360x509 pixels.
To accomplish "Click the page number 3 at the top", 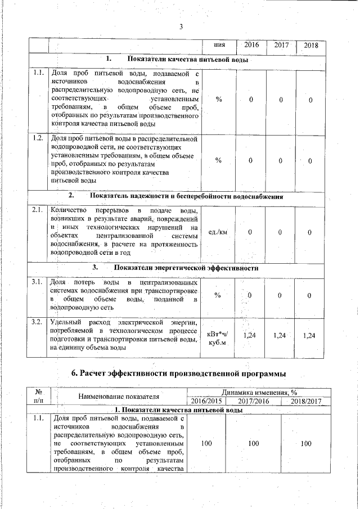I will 181,27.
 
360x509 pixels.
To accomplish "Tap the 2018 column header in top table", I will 310,45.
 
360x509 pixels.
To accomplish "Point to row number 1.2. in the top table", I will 38,138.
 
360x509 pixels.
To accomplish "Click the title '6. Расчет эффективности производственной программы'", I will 179,373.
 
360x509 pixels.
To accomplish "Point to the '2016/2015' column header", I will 206,401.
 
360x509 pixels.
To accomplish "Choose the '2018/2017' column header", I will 306,401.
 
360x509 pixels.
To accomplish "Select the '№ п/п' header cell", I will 39,397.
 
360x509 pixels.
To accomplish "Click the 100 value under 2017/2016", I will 253,444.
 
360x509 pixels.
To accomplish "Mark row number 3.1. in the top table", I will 38,282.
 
